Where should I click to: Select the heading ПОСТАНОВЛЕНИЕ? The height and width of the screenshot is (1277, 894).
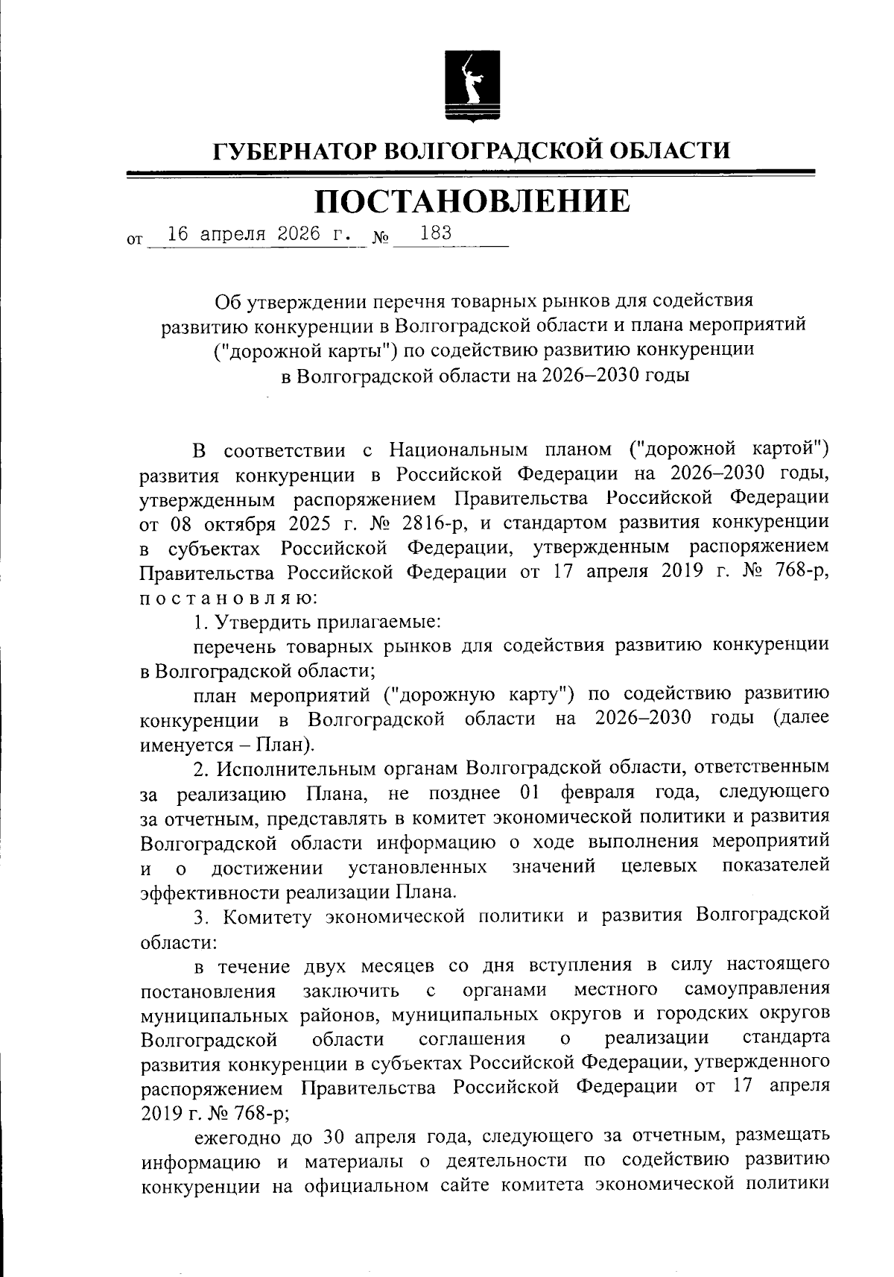[471, 201]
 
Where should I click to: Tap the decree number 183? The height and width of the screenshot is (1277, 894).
[435, 233]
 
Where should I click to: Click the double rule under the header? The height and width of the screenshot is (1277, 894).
[471, 174]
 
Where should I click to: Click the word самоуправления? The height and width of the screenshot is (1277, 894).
[756, 989]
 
